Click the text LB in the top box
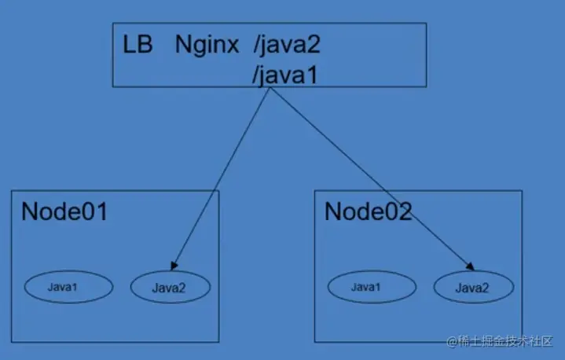point(138,43)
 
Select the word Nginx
point(207,44)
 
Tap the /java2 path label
point(287,44)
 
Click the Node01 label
point(64,211)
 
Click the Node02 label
point(368,211)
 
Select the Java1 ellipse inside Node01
point(63,287)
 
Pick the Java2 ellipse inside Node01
point(170,288)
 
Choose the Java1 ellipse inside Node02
point(366,287)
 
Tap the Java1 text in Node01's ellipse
point(63,287)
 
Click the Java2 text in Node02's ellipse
point(471,288)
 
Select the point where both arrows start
point(271,87)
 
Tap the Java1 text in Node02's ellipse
point(366,287)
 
